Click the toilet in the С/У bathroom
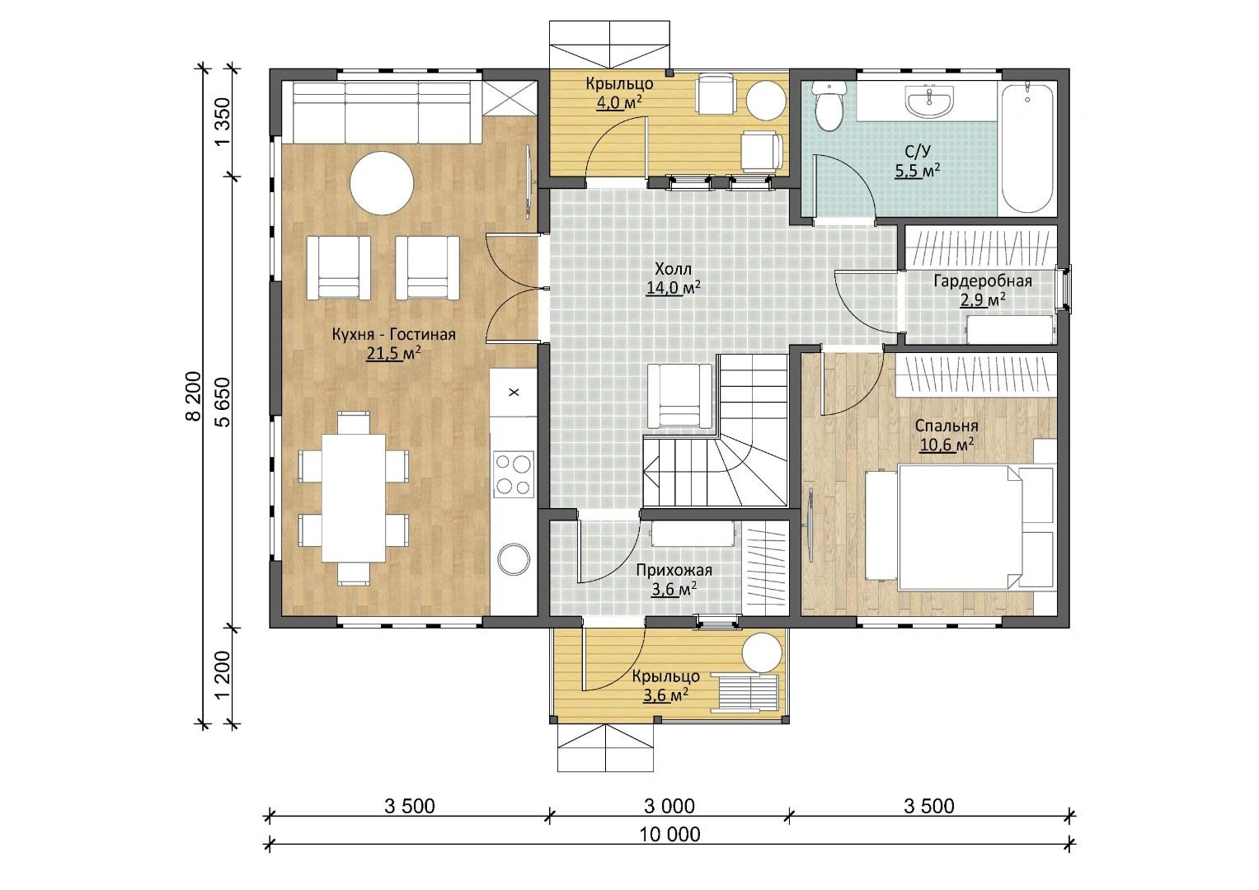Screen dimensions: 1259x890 point(829,106)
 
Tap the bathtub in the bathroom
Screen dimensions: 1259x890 point(1026,148)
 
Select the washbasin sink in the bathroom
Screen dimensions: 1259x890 point(929,101)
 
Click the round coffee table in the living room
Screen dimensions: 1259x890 point(382,183)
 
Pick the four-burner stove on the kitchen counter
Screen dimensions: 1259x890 point(513,474)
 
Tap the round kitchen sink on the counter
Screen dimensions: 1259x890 point(514,558)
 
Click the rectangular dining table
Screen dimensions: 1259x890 point(354,498)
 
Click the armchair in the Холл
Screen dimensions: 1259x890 point(679,396)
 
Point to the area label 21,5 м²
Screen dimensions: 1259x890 point(393,354)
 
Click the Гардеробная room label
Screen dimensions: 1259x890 point(983,280)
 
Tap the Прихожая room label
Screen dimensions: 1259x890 point(674,570)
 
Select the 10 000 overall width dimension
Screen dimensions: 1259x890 point(670,835)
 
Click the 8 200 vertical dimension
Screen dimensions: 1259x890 point(192,396)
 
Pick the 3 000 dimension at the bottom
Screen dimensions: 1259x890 point(669,806)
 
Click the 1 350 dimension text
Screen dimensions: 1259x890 point(223,121)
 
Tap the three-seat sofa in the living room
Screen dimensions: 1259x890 point(382,112)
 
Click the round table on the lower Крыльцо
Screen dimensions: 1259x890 point(762,652)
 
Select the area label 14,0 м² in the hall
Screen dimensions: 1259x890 point(674,288)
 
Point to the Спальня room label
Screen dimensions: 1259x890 point(947,426)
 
